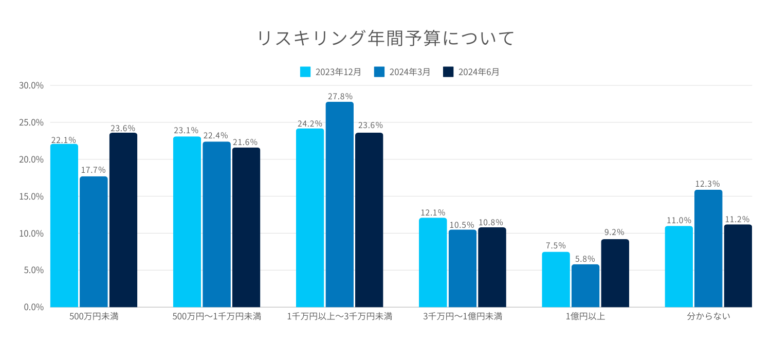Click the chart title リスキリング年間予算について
[385, 39]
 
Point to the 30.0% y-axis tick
[31, 85]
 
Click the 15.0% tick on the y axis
[31, 196]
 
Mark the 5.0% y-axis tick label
[33, 270]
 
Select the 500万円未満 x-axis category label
[94, 317]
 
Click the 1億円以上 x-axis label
[585, 317]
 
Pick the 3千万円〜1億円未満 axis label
[463, 317]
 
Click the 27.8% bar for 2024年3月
[339, 206]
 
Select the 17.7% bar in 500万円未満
[94, 242]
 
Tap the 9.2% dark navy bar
[615, 273]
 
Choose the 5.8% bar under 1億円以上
[585, 286]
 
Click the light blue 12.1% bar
[433, 262]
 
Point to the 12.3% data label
[708, 184]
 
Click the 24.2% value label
[310, 123]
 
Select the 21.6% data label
[245, 142]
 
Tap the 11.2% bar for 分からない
[738, 266]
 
